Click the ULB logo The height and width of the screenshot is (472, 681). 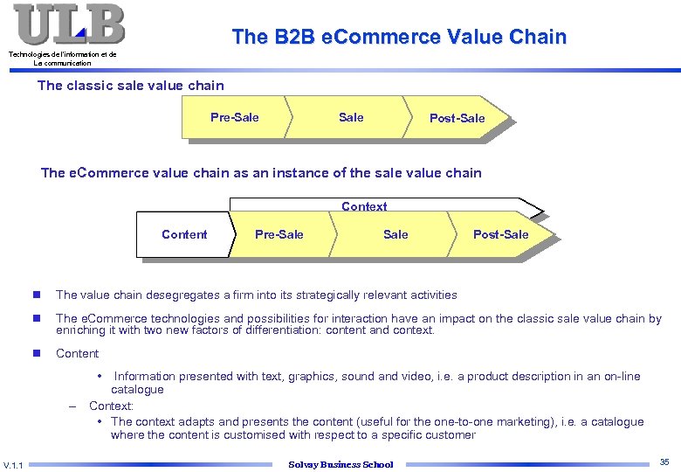point(68,24)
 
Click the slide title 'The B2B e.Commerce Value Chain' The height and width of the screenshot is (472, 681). point(399,37)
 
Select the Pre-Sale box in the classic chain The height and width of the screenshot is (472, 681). point(234,117)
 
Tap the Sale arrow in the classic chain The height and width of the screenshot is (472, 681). point(351,117)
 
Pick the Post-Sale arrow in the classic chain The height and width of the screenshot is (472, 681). point(457,118)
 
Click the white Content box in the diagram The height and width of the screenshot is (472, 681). point(184,234)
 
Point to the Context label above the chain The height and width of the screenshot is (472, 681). point(364,206)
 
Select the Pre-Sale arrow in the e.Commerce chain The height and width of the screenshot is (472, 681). point(279,234)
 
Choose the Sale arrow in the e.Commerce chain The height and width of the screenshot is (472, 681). point(396,234)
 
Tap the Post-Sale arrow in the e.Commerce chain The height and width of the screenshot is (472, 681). point(500,234)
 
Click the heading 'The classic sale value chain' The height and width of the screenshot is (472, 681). point(131,86)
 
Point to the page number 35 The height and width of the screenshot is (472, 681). point(664,462)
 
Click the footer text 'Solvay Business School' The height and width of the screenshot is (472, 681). point(340,464)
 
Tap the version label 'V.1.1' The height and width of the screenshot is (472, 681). point(15,463)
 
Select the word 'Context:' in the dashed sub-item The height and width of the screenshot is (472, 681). point(111,406)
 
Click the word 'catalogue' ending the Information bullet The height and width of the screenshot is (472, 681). point(137,390)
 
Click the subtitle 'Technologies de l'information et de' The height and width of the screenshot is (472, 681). point(62,54)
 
